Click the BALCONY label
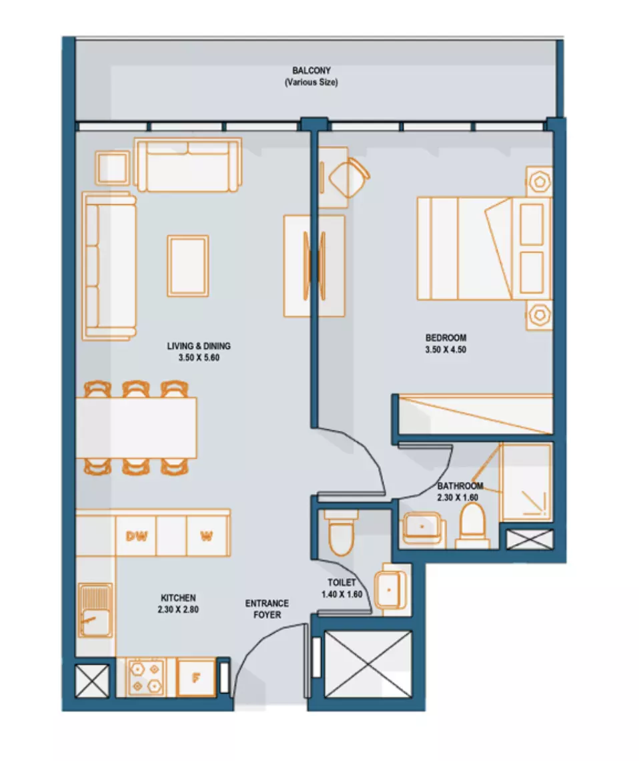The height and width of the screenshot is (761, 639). point(311,70)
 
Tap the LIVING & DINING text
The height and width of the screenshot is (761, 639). point(199,346)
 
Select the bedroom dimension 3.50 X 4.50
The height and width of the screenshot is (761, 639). point(446,349)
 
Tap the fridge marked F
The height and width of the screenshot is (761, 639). point(196,678)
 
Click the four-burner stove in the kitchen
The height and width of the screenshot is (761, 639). point(147,678)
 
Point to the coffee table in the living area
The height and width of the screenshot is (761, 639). point(188,266)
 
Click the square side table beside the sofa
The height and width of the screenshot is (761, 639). point(113,168)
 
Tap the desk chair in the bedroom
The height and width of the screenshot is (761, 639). point(349,178)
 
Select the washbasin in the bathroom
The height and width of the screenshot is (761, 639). point(422,527)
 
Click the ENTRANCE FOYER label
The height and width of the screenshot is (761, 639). point(267,609)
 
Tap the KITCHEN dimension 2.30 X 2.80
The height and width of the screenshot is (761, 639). point(178,609)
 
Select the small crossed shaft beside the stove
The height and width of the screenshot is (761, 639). point(93,681)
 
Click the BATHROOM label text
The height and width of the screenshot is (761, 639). point(460,486)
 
